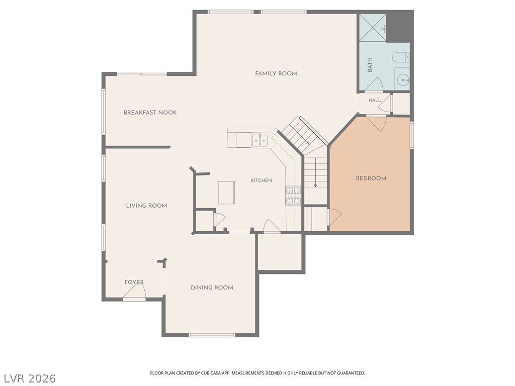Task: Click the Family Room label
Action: (276, 73)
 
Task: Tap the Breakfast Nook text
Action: (150, 113)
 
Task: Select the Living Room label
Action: (146, 206)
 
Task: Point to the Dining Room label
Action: (212, 287)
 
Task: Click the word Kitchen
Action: (262, 180)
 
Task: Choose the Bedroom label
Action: (371, 178)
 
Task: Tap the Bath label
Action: (370, 65)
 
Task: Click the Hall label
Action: (374, 100)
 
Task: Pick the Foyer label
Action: (134, 282)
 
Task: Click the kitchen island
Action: (227, 192)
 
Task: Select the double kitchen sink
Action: (260, 140)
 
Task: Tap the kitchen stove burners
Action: (293, 196)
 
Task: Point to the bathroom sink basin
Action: (402, 79)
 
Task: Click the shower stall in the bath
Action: (373, 28)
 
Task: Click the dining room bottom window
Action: (212, 335)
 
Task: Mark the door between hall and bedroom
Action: (377, 123)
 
